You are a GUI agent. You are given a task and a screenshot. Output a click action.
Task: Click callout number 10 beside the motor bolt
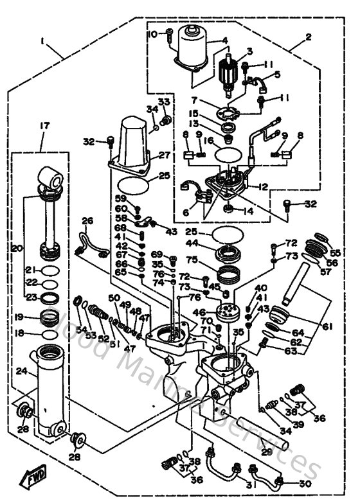(152, 33)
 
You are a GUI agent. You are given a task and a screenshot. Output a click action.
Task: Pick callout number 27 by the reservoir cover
(164, 155)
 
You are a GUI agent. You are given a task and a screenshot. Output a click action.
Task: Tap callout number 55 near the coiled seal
(336, 252)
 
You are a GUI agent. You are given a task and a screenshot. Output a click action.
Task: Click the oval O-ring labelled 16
(230, 154)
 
